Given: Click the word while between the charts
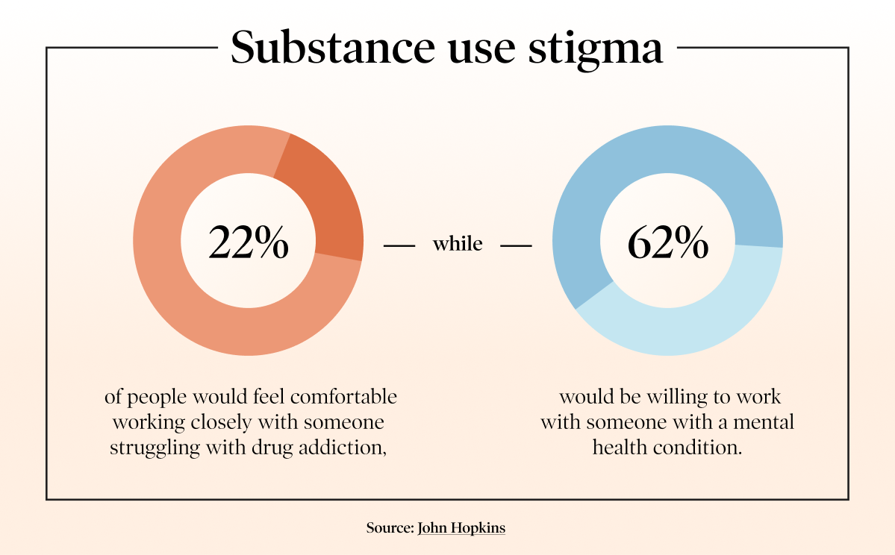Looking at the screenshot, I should click(458, 243).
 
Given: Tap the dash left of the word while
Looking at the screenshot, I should click(399, 244).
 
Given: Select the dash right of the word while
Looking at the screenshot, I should click(516, 244).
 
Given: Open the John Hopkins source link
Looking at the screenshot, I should click(461, 528).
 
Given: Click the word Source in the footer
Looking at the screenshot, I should click(389, 528).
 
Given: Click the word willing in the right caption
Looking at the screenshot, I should click(676, 397).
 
